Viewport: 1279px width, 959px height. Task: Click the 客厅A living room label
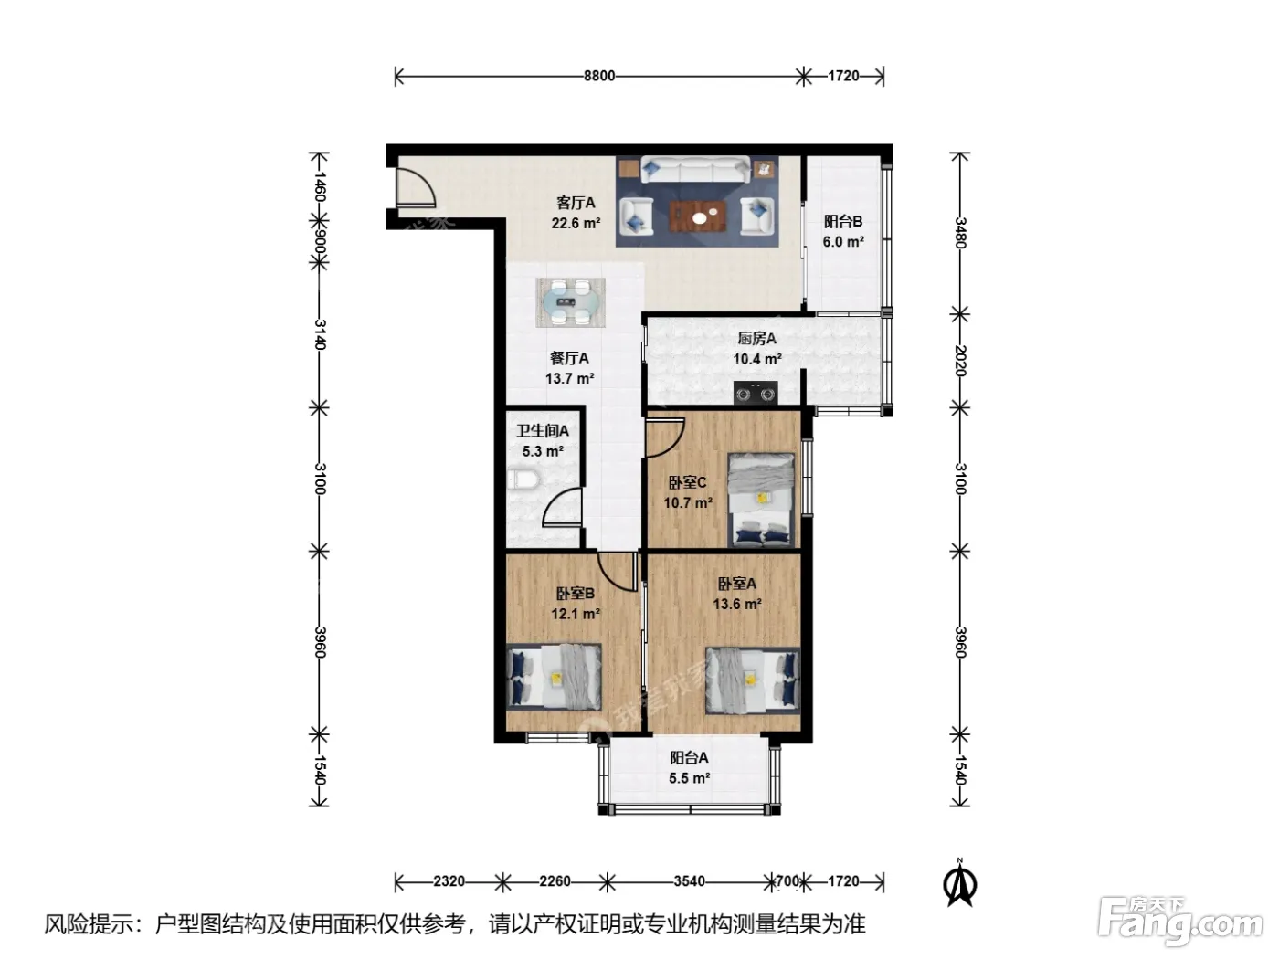576,203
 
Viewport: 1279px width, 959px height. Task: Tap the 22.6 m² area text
576,223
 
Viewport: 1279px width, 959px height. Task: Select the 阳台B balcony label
843,221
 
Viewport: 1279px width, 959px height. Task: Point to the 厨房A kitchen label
757,338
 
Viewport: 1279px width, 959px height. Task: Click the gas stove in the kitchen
756,393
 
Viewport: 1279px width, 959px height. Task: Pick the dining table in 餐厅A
570,302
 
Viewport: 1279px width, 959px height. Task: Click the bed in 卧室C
762,501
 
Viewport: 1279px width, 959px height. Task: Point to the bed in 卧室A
753,680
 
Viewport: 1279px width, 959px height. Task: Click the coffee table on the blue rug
698,216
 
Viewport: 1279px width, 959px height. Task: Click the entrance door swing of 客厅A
415,186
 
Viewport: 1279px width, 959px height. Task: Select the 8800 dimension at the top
599,77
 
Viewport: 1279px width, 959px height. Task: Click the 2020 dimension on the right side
960,361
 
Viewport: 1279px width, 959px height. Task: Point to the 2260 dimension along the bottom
555,881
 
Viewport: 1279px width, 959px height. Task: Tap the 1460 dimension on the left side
319,186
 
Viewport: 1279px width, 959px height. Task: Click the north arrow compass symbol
959,884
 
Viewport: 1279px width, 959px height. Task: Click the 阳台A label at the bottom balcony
689,757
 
